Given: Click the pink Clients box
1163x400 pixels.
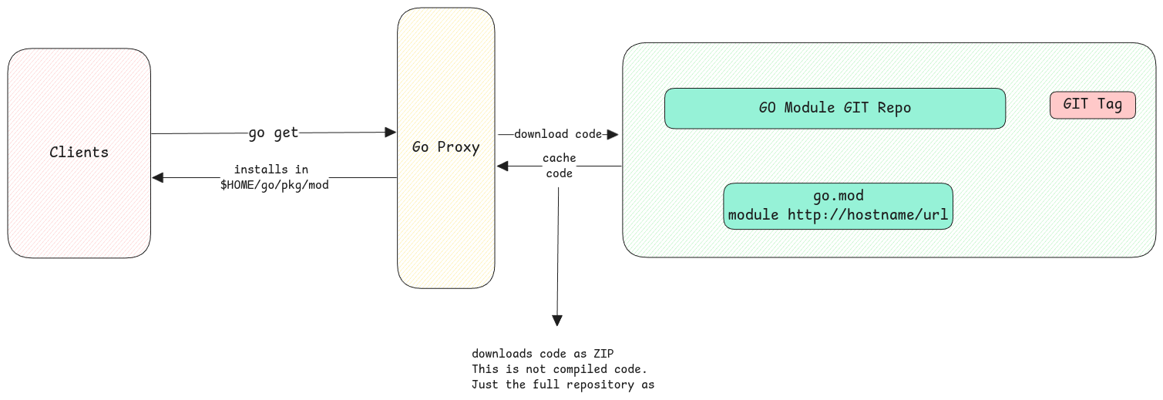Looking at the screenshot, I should pyautogui.click(x=79, y=153).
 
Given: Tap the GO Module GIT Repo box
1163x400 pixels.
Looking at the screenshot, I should pyautogui.click(x=835, y=108).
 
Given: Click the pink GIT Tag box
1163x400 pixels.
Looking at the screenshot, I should pyautogui.click(x=1092, y=105).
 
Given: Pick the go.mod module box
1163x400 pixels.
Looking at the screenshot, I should pyautogui.click(x=838, y=206).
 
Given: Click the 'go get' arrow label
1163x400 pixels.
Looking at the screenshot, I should pyautogui.click(x=273, y=133).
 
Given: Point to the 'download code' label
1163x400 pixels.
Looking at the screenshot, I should pyautogui.click(x=557, y=134).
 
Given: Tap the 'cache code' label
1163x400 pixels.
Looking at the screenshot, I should pyautogui.click(x=559, y=166).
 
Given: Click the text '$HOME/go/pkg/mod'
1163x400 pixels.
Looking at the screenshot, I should pyautogui.click(x=274, y=186).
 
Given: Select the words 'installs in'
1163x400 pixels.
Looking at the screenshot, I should pyautogui.click(x=271, y=170).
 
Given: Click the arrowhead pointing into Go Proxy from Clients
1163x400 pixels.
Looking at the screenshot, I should pyautogui.click(x=391, y=133).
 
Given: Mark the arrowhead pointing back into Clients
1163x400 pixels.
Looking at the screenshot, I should pyautogui.click(x=158, y=178).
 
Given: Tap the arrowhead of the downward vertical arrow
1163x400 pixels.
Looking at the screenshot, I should pyautogui.click(x=557, y=321).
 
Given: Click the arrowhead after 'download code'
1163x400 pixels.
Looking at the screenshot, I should pyautogui.click(x=613, y=135).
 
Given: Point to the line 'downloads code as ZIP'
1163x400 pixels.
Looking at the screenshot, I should pyautogui.click(x=543, y=354).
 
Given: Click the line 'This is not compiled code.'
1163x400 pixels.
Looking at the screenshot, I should pyautogui.click(x=559, y=369).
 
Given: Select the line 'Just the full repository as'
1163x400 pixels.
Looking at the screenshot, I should pyautogui.click(x=563, y=385).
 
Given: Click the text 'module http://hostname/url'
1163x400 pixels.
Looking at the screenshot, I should pyautogui.click(x=838, y=215).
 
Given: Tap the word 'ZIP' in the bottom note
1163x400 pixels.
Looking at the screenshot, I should pyautogui.click(x=603, y=354).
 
